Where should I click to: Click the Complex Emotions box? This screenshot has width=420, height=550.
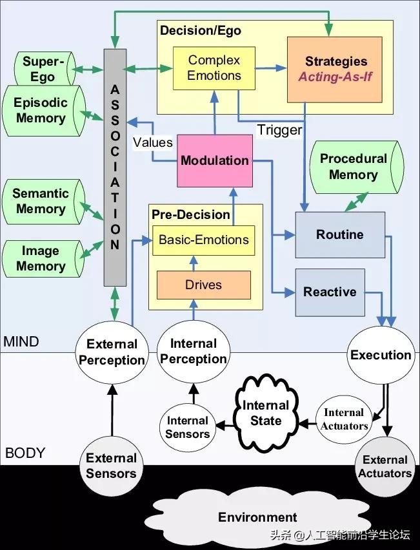[214, 68]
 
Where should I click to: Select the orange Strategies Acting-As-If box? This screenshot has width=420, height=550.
[334, 69]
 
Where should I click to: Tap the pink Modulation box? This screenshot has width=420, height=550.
[214, 160]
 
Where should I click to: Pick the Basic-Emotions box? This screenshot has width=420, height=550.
[203, 240]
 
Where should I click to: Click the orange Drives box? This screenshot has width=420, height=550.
[203, 285]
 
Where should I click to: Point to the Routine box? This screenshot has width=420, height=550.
[339, 234]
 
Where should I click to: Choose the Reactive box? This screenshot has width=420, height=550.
[329, 292]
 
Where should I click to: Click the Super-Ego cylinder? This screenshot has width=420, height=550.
[40, 68]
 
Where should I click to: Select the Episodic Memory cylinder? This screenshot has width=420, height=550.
[41, 110]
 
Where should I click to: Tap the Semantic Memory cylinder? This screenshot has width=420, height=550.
[41, 201]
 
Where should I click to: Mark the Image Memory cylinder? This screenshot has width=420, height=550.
[41, 258]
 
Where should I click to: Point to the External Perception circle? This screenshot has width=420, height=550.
[112, 352]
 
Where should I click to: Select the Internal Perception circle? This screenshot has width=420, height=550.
[194, 352]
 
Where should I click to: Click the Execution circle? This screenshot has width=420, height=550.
[381, 355]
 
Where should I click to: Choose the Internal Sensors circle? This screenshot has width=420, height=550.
[188, 427]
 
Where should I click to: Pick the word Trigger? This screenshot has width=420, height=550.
[279, 130]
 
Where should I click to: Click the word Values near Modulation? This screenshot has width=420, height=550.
[152, 142]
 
